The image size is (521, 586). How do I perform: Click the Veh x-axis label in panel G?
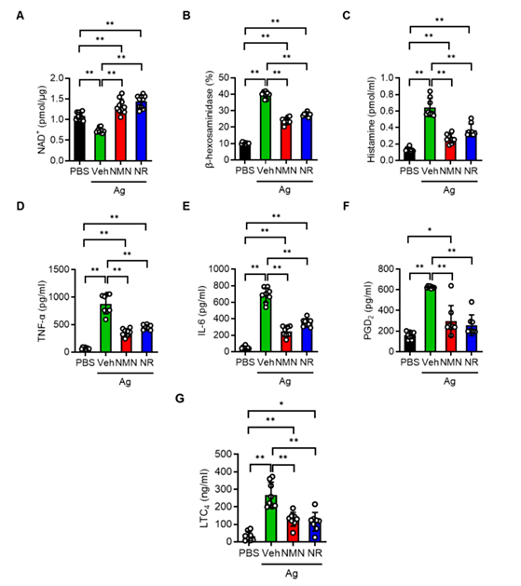272,553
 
